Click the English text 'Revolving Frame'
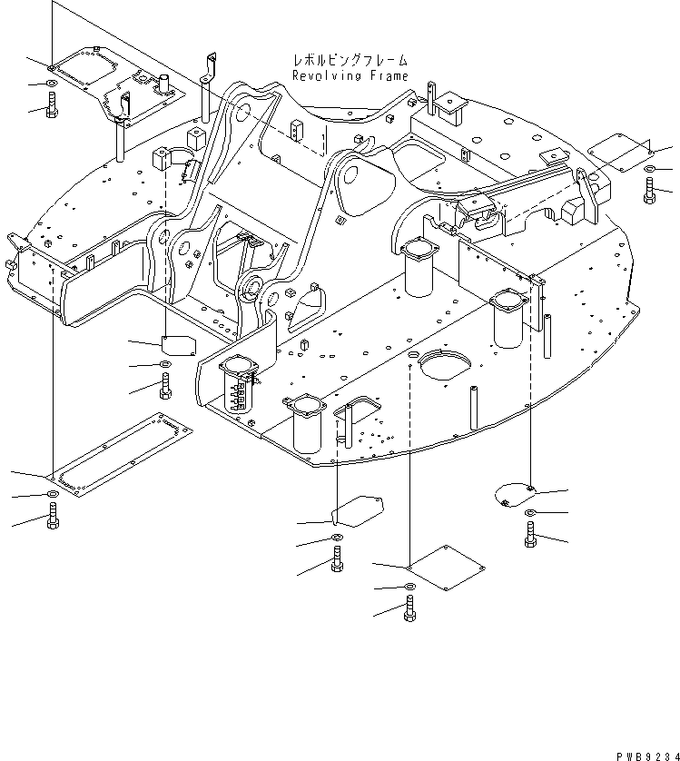(350, 76)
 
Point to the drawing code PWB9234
(639, 749)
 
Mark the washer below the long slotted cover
(52, 495)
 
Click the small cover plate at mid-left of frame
(179, 344)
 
